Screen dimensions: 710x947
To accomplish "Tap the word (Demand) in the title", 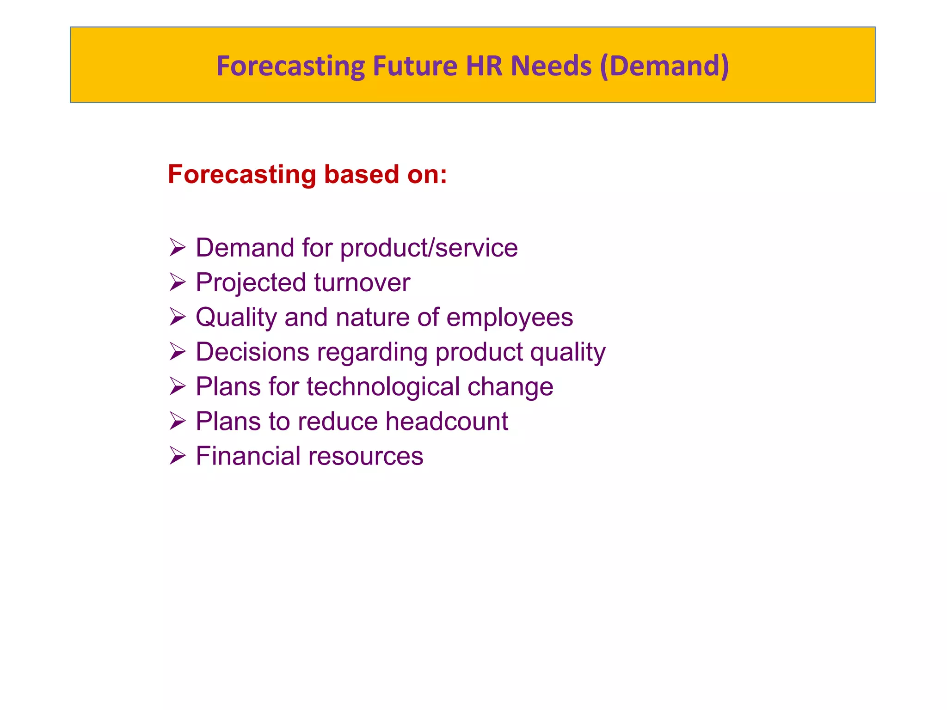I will click(x=664, y=66).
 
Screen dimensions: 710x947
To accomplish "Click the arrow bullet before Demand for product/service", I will click(x=177, y=247).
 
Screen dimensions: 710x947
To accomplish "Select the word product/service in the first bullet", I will click(x=429, y=248).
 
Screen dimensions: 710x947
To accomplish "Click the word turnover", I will click(x=362, y=282).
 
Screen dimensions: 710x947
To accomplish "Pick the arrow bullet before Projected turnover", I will click(x=177, y=282).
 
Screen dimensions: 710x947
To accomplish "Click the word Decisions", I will click(x=252, y=352).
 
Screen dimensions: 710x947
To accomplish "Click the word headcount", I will click(x=447, y=421).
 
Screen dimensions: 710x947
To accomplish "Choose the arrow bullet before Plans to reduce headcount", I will click(x=177, y=421).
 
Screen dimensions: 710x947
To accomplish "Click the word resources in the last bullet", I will click(x=366, y=456).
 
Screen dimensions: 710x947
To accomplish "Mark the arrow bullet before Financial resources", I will click(x=177, y=455).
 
